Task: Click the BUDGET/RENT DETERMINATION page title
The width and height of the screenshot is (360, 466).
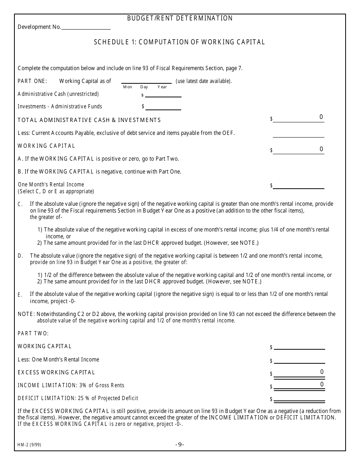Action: pos(180,18)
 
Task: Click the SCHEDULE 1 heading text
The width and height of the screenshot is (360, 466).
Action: pos(179,42)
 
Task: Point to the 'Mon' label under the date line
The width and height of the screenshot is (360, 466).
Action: pos(128,87)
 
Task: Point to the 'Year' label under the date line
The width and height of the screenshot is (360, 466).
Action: pos(162,87)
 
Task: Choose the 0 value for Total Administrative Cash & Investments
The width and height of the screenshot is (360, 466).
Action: pos(321,117)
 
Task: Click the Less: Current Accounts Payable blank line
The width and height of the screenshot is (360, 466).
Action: pos(299,134)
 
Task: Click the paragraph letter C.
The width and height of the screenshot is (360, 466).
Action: pos(20,205)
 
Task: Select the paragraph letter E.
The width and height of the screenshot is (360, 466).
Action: pos(20,295)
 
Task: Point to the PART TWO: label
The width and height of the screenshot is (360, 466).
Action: pos(33,333)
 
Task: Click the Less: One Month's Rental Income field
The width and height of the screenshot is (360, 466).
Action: pos(299,360)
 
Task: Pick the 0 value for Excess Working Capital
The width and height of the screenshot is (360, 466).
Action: pos(322,372)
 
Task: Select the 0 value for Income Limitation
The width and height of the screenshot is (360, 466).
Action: pos(322,385)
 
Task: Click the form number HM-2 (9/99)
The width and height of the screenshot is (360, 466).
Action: pos(29,445)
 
